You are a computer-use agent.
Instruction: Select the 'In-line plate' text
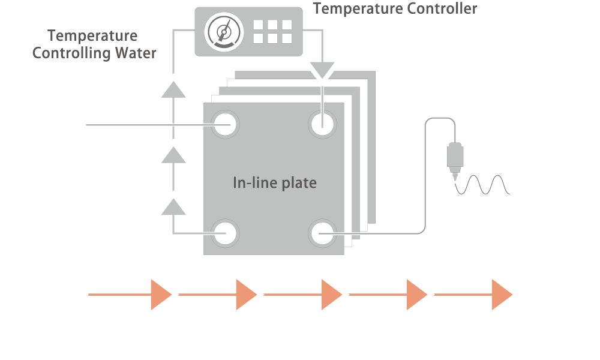(275, 183)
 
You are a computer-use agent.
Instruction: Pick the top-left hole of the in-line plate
(225, 124)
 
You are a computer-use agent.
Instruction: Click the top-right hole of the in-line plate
(322, 124)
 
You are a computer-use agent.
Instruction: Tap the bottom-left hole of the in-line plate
(225, 233)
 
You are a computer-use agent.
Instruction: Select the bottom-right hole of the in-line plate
(322, 233)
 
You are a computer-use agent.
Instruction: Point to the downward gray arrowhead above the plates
(322, 70)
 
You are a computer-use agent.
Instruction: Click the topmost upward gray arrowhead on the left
(173, 89)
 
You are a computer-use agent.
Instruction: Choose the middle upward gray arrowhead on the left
(173, 155)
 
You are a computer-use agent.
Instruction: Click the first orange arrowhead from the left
(161, 295)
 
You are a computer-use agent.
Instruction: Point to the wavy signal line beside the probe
(482, 185)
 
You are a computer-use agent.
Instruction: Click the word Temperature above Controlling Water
(92, 36)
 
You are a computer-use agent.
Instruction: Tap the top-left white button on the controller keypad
(258, 25)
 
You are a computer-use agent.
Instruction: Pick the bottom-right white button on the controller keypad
(287, 38)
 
